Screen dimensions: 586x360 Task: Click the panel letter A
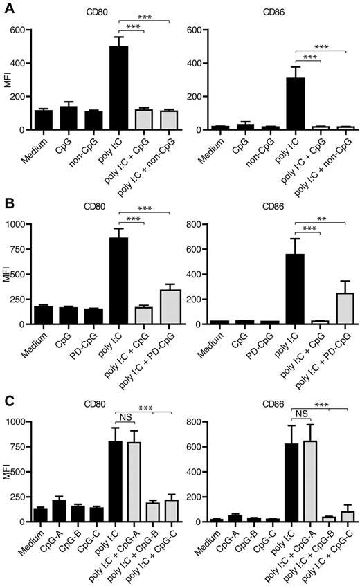coord(7,6)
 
